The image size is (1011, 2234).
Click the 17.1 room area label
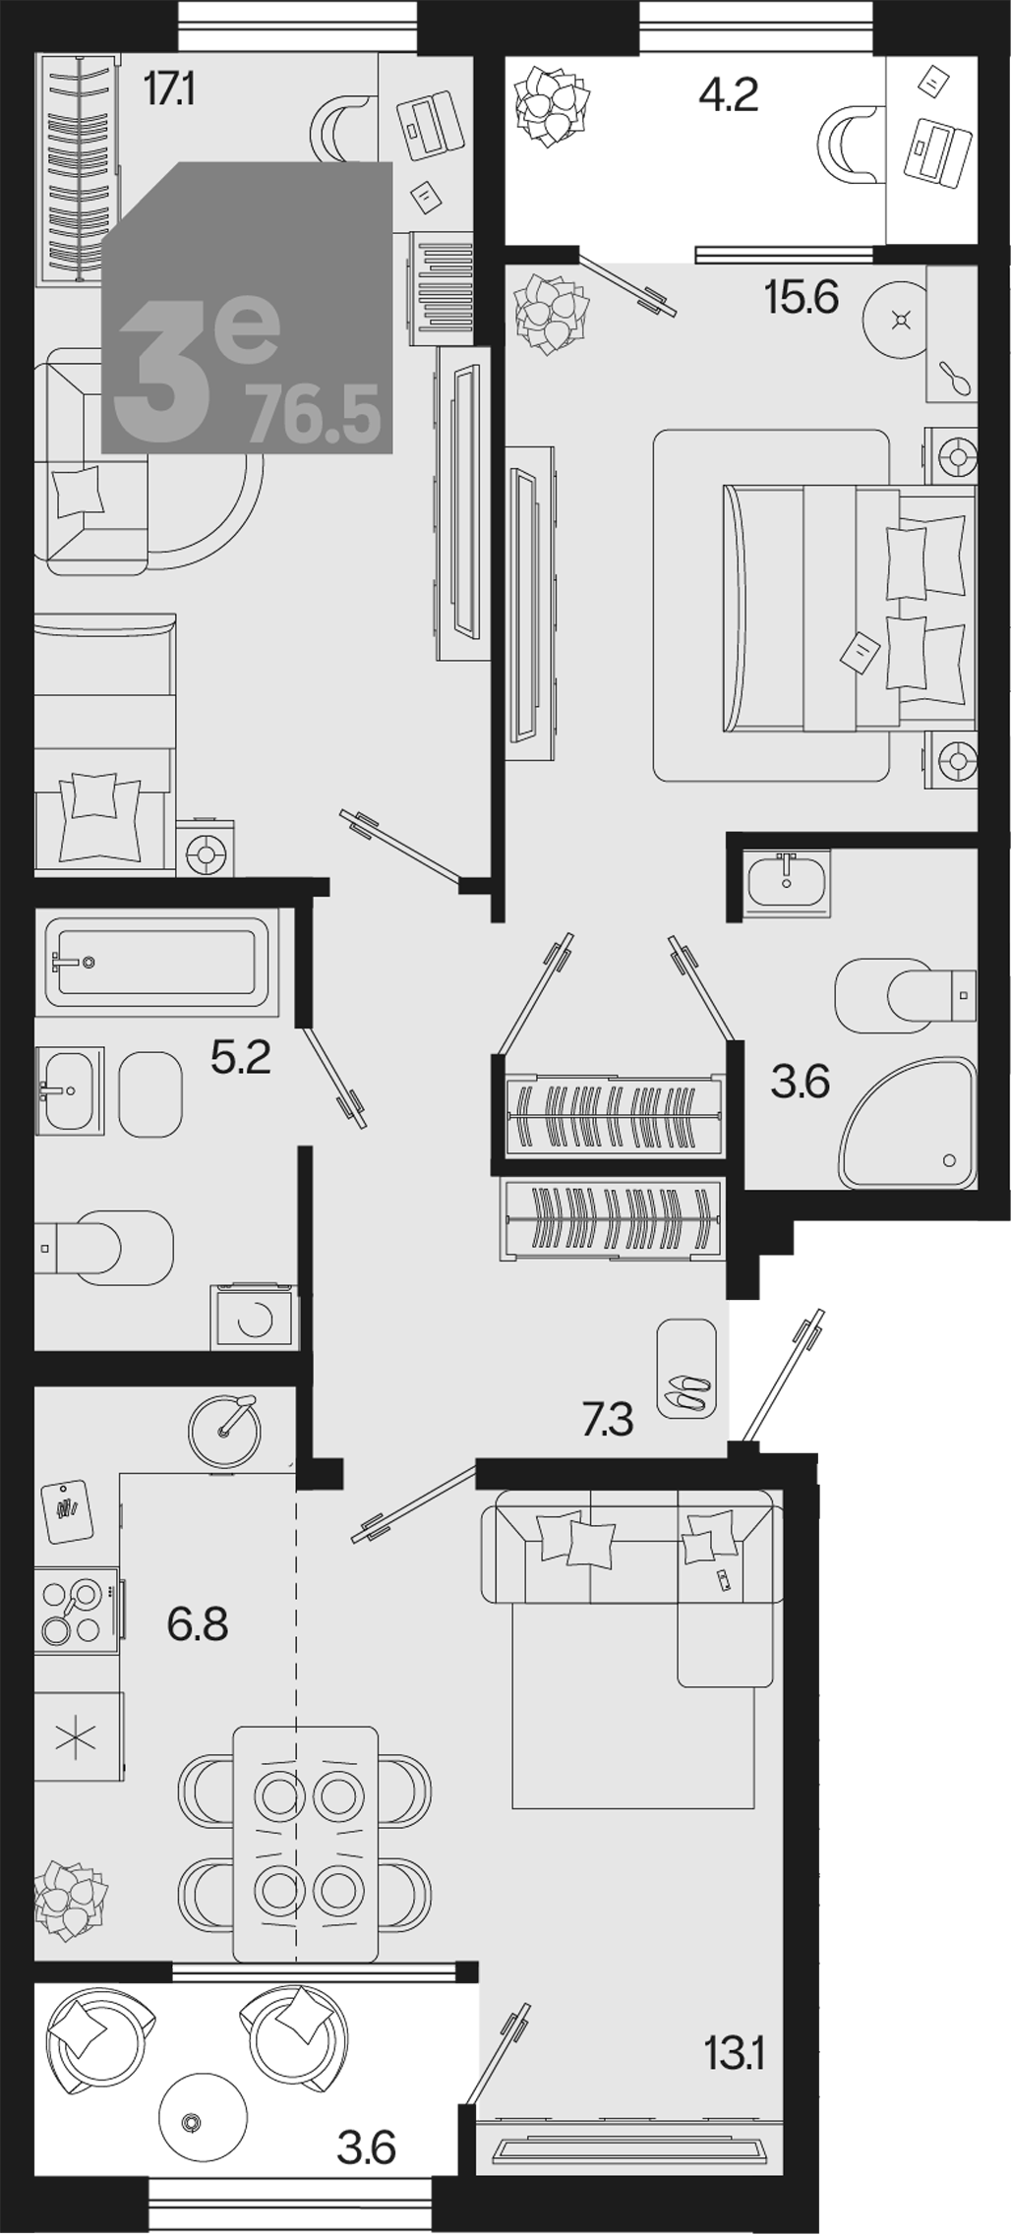pos(169,90)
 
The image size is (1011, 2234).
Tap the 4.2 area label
pos(728,95)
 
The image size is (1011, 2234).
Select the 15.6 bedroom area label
pos(802,297)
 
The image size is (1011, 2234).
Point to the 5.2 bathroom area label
pos(241,1058)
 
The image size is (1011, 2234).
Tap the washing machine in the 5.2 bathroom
pos(252,1317)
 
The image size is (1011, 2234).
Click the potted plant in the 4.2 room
pos(553,104)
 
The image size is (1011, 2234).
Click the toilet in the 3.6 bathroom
pos(906,995)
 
